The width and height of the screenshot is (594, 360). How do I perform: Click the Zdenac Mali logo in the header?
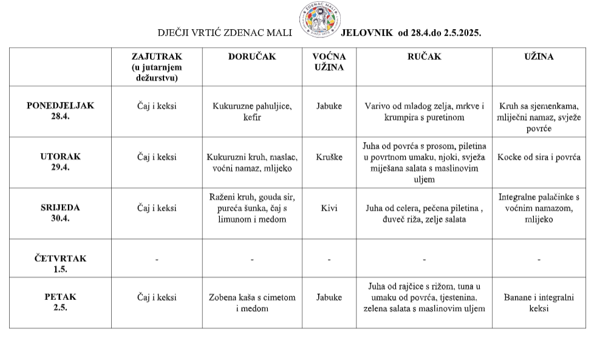pyautogui.click(x=319, y=19)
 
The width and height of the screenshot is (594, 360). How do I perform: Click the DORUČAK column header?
pyautogui.click(x=252, y=57)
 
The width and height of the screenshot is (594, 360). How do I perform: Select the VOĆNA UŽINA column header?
pyautogui.click(x=329, y=62)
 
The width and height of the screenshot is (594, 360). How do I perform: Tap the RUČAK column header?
pyautogui.click(x=424, y=57)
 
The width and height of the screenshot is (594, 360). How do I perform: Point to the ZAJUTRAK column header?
pyautogui.click(x=157, y=67)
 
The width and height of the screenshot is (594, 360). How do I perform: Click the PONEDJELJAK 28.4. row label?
pyautogui.click(x=60, y=111)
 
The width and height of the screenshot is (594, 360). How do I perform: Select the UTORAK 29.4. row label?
pyautogui.click(x=60, y=162)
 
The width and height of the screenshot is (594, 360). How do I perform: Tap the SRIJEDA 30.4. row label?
pyautogui.click(x=60, y=213)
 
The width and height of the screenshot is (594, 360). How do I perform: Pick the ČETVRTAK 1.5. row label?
pyautogui.click(x=60, y=263)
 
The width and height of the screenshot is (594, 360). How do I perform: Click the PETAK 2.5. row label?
pyautogui.click(x=60, y=302)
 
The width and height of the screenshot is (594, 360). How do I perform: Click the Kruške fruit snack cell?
pyautogui.click(x=329, y=157)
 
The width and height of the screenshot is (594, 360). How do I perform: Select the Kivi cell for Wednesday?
pyautogui.click(x=329, y=208)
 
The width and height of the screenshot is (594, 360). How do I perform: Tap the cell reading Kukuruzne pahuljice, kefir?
pyautogui.click(x=252, y=112)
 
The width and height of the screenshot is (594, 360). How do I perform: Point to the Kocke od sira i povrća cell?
pyautogui.click(x=539, y=157)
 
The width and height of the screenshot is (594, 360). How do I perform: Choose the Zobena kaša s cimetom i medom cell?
pyautogui.click(x=252, y=303)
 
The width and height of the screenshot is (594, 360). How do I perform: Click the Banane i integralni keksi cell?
pyautogui.click(x=539, y=303)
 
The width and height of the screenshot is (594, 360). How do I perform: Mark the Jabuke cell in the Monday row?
pyautogui.click(x=329, y=106)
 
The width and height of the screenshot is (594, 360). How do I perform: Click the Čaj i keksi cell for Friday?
pyautogui.click(x=157, y=297)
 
